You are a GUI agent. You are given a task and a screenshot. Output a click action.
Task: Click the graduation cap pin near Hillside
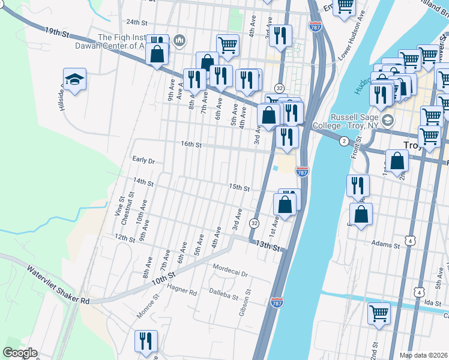(75, 79)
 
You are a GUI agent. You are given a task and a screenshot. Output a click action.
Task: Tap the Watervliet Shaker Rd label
(58, 284)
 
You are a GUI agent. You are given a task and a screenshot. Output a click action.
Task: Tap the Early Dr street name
(144, 161)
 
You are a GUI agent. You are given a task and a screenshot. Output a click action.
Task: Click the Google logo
(20, 352)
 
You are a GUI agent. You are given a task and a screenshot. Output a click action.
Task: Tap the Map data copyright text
(423, 355)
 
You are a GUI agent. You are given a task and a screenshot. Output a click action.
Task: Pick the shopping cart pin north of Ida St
(379, 313)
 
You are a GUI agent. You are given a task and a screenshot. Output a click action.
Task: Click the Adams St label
(385, 244)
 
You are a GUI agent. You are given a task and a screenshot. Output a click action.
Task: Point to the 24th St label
(137, 22)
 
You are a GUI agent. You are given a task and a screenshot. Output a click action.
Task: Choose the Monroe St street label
(148, 304)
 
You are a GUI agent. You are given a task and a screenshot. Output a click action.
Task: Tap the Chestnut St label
(126, 209)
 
